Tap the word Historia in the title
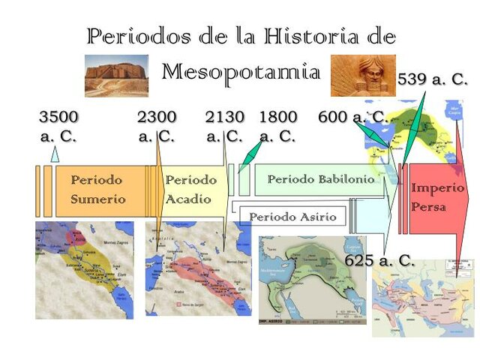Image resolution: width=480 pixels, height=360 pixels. coord(307,35)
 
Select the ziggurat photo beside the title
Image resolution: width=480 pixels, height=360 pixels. coord(116,76)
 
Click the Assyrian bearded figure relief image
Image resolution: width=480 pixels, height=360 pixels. coord(363,76)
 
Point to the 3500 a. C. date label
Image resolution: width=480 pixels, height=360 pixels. coord(58,126)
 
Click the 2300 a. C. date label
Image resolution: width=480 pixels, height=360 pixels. coord(157,126)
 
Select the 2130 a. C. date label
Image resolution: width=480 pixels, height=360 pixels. coord(224,126)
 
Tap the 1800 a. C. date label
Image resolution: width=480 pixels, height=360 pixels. coord(277,126)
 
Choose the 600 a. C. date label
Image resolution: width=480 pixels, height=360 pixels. coord(352,118)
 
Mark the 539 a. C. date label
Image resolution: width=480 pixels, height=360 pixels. coord(432,79)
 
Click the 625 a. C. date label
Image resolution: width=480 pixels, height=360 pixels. coord(379,261)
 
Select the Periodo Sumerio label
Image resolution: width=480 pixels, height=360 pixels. coord(97,190)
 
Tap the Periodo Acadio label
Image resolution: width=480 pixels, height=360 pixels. coord(190,190)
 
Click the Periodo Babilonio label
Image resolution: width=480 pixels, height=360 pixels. coord(320,180)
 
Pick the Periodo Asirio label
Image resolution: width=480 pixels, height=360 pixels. coord(292,217)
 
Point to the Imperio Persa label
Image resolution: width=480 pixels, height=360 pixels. coord(437,196)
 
